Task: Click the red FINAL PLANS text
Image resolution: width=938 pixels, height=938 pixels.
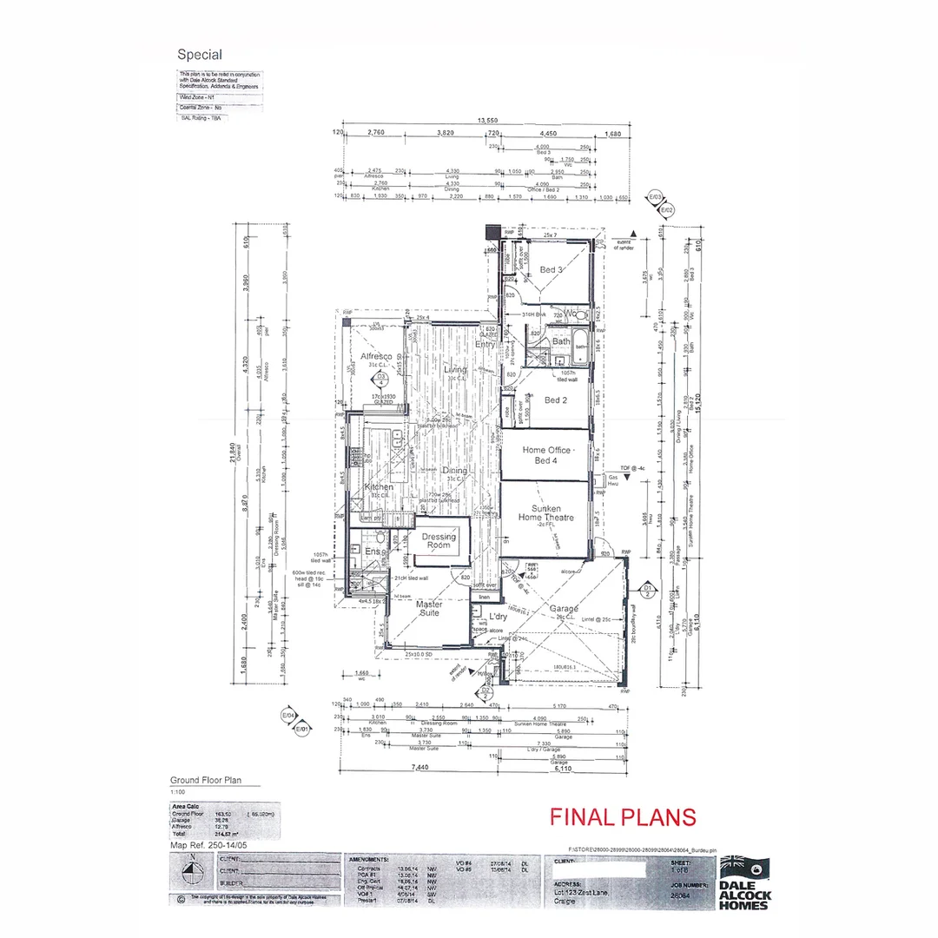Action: click(622, 817)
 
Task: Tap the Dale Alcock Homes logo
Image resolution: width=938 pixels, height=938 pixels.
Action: click(744, 883)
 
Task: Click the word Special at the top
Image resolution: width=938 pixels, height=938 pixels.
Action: click(200, 55)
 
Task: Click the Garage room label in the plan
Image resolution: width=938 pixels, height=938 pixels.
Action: click(563, 610)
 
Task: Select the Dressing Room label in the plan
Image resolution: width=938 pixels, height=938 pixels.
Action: click(439, 541)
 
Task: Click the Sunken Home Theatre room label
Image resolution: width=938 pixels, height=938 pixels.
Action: click(546, 512)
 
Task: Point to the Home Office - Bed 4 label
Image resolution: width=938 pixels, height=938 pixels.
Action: click(546, 454)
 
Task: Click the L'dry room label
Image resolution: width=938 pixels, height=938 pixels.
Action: click(498, 616)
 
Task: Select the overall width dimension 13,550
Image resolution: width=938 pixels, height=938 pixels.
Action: click(486, 120)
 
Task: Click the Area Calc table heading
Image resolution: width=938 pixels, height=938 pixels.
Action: click(183, 806)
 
